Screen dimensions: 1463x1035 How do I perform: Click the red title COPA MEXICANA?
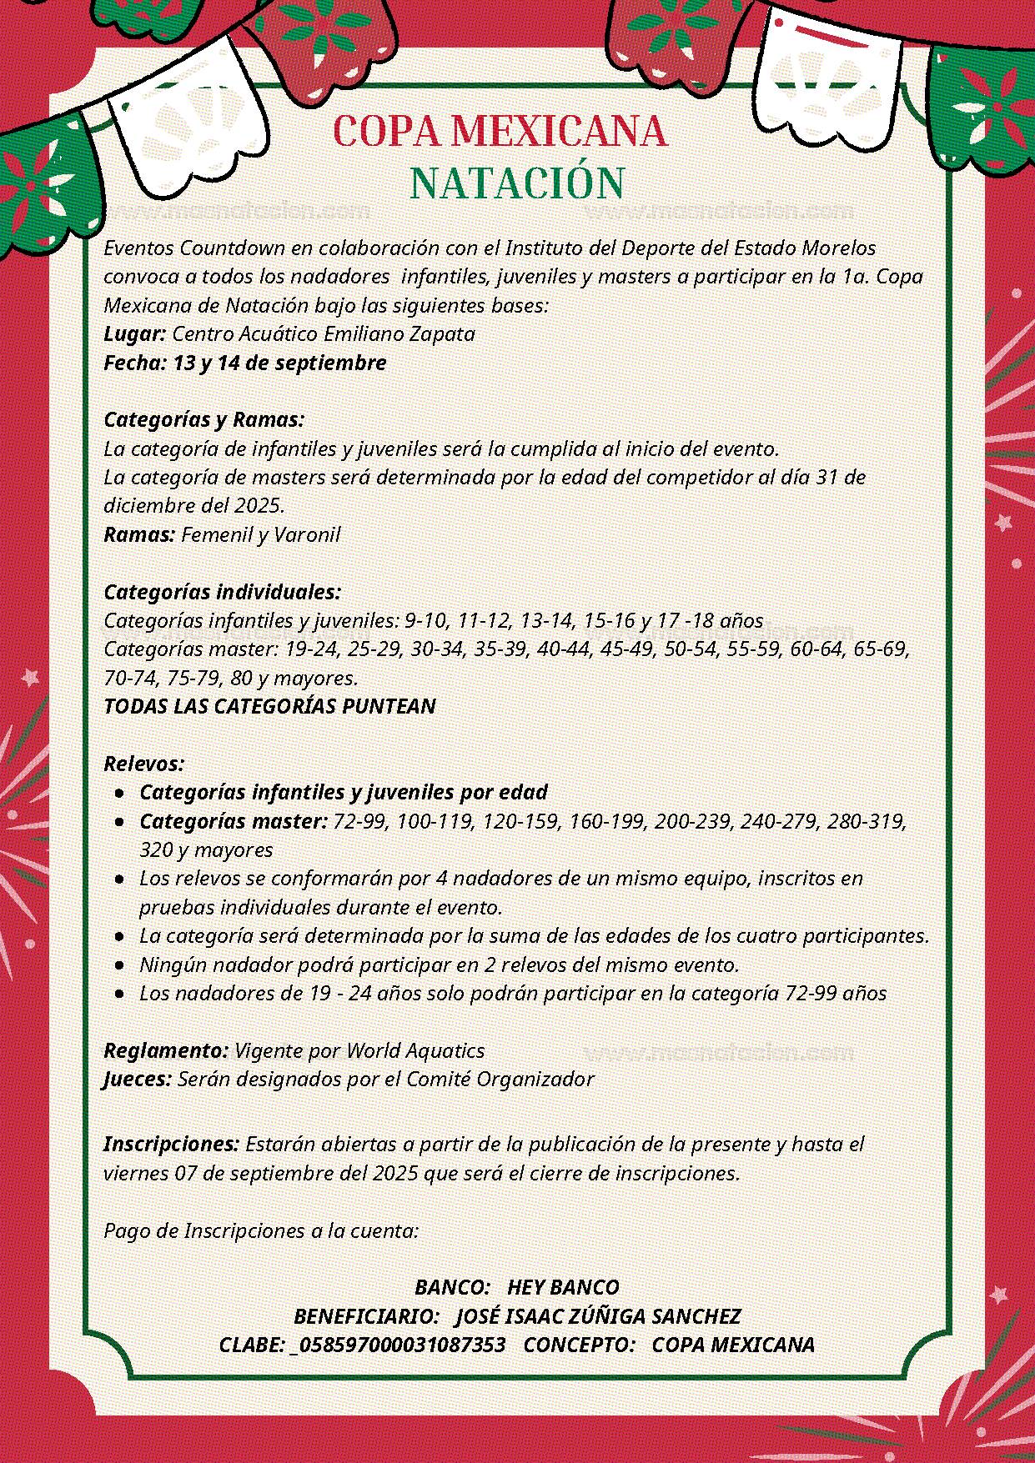(500, 132)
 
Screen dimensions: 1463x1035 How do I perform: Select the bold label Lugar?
(134, 334)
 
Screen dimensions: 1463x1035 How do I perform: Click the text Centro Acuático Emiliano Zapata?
(324, 334)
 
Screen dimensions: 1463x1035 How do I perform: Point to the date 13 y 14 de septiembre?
(279, 363)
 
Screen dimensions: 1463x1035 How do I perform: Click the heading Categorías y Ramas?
(204, 419)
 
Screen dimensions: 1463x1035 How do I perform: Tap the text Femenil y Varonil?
(260, 534)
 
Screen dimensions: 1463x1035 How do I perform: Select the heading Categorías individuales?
(223, 592)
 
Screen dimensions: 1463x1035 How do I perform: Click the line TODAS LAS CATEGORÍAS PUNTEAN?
(269, 706)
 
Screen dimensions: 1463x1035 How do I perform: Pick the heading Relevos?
(143, 764)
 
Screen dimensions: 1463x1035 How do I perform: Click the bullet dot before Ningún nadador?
(120, 965)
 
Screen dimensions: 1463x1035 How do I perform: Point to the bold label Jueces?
(138, 1080)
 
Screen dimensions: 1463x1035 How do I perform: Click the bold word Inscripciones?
(172, 1145)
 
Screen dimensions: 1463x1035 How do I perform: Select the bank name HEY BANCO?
(563, 1288)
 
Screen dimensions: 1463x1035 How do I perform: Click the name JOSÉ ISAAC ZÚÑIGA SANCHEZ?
(598, 1316)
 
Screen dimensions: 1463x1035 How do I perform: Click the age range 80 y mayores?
(294, 678)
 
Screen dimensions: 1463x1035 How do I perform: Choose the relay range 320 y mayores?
(206, 850)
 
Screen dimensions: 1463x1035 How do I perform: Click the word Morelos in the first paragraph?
(839, 248)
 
